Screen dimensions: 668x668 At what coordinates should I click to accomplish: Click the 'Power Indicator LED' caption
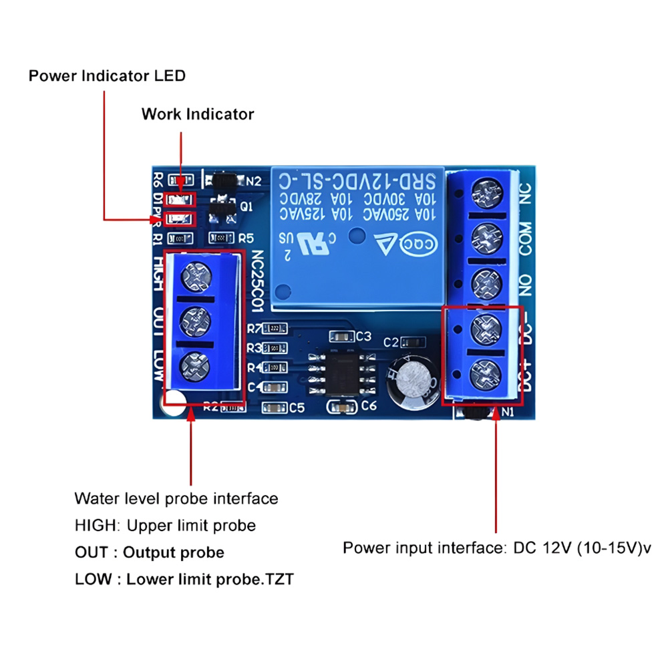(x=107, y=75)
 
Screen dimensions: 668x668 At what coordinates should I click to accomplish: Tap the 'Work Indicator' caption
(x=198, y=114)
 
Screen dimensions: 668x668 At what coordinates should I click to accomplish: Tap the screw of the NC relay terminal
(x=487, y=194)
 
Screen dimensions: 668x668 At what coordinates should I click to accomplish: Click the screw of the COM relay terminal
(x=487, y=237)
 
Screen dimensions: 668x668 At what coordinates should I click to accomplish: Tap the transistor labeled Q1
(x=221, y=207)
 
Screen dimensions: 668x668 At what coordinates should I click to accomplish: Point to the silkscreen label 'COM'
(x=525, y=238)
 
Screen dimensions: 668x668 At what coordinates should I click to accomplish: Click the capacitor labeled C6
(x=341, y=405)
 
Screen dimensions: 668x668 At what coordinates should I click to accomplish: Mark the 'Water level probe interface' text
(x=176, y=498)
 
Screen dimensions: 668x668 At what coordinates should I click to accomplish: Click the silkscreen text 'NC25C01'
(x=259, y=280)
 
